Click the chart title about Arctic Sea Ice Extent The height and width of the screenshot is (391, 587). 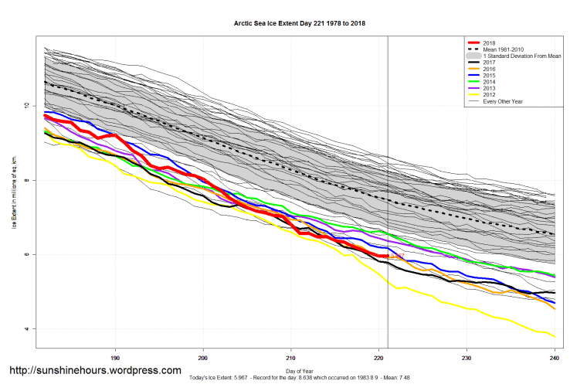point(300,23)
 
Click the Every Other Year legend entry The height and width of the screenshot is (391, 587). point(502,101)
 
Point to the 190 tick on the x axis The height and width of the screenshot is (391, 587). point(115,358)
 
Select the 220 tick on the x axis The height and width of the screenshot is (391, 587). point(378,358)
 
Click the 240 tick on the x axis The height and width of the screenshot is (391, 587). point(555,358)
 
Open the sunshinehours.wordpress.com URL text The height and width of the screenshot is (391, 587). point(95,370)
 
